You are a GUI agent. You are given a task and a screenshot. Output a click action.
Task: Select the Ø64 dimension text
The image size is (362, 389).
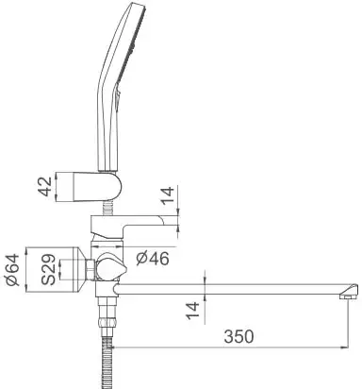pyautogui.click(x=12, y=270)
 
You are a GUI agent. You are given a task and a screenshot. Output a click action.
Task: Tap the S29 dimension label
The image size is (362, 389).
pyautogui.click(x=42, y=270)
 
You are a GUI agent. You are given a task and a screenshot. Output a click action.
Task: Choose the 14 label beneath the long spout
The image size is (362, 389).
pyautogui.click(x=193, y=310)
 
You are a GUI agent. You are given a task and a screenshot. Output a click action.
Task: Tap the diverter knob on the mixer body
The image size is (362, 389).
pyautogui.click(x=110, y=266)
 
